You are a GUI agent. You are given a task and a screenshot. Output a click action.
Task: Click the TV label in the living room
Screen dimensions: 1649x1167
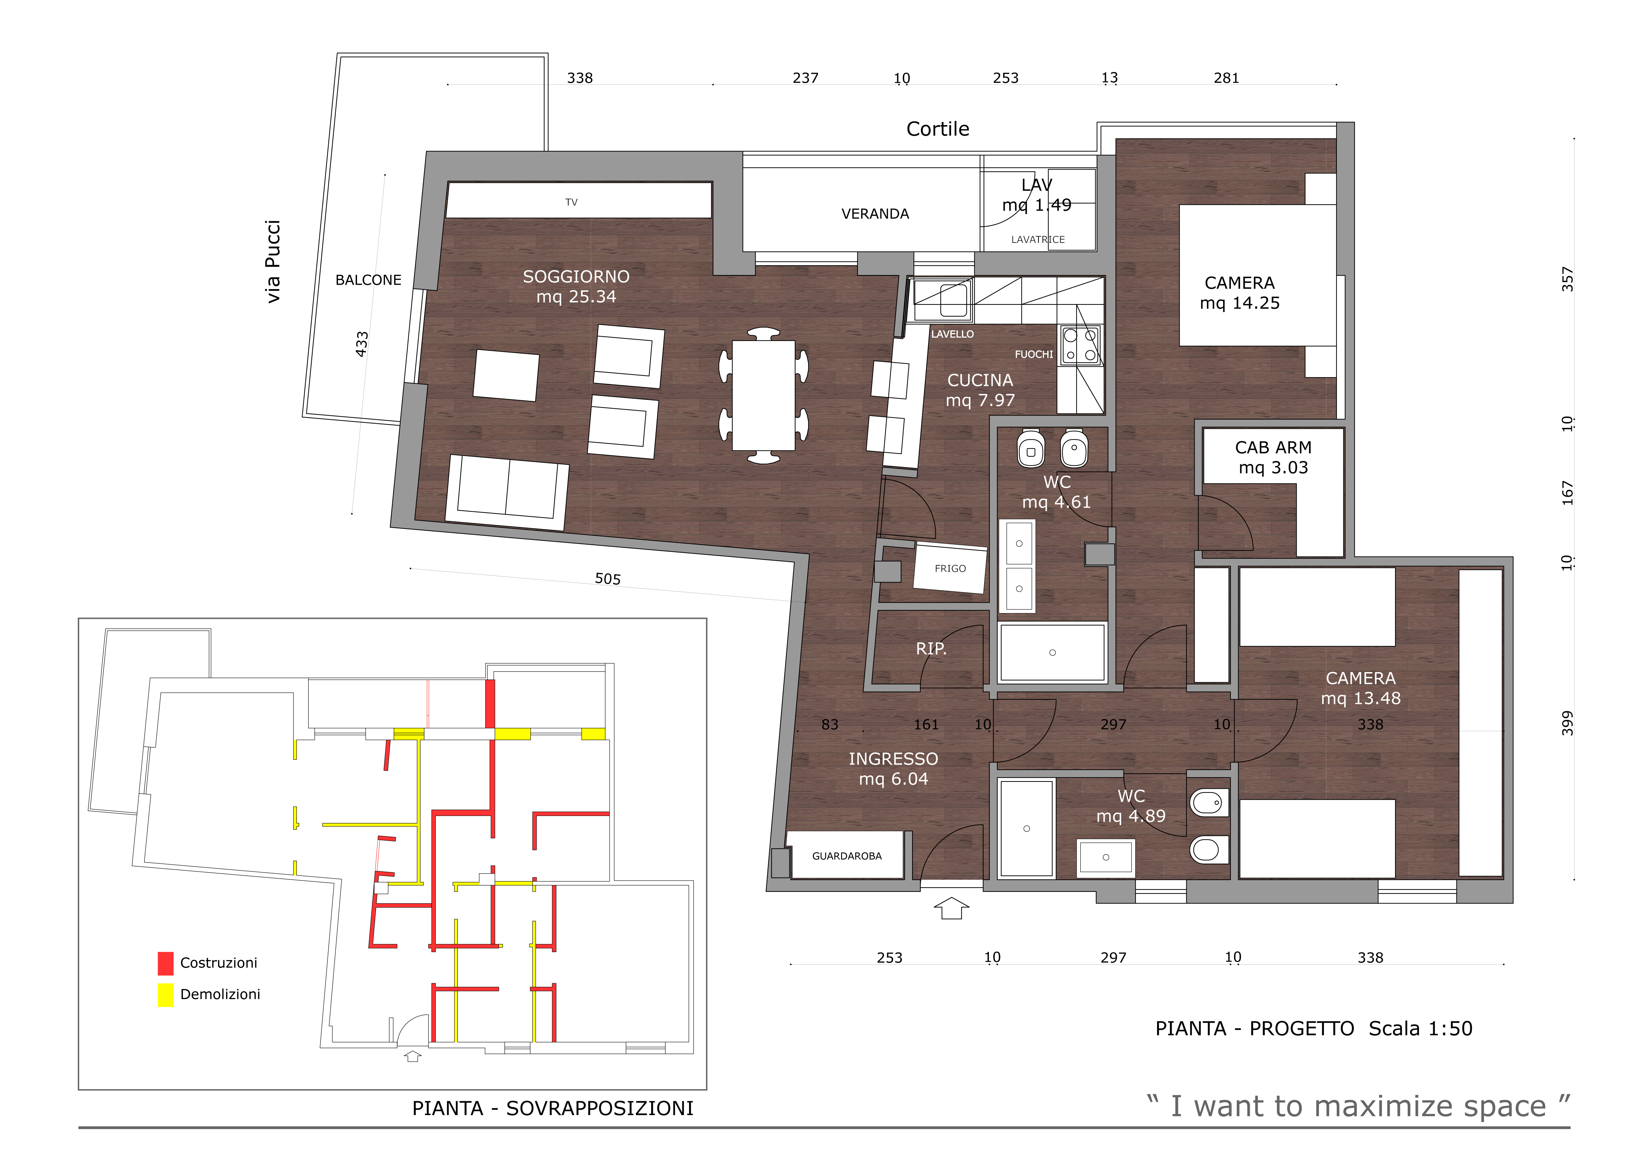tap(571, 202)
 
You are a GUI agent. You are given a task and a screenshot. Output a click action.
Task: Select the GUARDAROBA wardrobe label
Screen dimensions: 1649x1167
tap(847, 856)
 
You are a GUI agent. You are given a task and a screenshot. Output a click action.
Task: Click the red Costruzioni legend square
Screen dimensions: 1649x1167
tap(165, 963)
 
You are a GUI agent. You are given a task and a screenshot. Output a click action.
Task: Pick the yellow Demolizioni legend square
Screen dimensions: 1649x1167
tap(165, 995)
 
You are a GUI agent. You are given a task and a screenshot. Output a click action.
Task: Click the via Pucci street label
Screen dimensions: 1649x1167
tap(273, 261)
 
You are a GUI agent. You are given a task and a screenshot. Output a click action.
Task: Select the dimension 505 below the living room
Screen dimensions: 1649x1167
tap(608, 579)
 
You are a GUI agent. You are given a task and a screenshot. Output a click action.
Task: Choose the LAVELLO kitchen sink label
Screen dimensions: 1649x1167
tap(952, 334)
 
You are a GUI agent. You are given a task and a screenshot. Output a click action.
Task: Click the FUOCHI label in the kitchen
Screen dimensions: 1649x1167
tap(1033, 354)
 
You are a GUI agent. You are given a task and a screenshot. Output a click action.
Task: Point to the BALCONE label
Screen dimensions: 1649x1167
tap(368, 279)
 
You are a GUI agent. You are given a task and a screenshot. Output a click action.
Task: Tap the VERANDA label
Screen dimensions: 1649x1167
tap(875, 214)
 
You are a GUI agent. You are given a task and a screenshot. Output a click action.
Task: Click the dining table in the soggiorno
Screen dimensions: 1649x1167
tap(764, 395)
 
